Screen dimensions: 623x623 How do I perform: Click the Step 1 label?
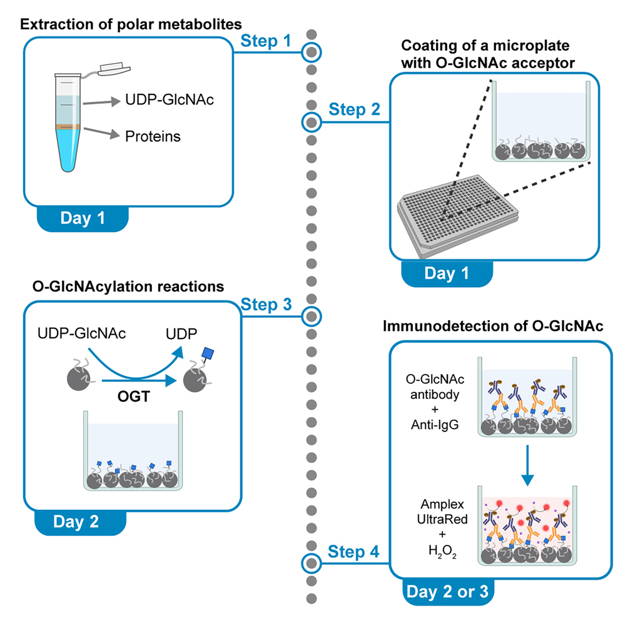(x=266, y=41)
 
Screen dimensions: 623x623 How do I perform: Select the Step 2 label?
(x=353, y=110)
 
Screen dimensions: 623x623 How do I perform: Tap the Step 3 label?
(x=266, y=305)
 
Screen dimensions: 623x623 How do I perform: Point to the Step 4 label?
(x=353, y=552)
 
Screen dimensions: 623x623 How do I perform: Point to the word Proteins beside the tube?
(x=151, y=136)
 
